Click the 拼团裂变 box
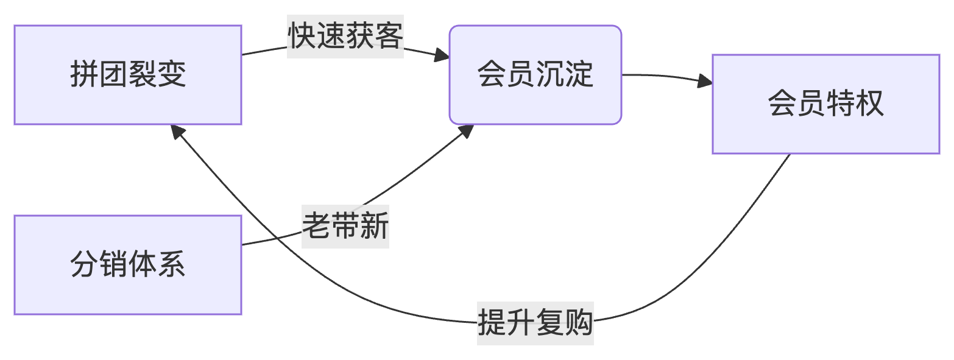click(128, 75)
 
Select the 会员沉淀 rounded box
click(535, 75)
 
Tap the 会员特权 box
click(825, 104)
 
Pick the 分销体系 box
click(128, 265)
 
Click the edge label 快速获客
click(345, 37)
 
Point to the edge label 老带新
click(345, 227)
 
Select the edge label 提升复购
click(535, 322)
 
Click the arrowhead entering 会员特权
click(705, 81)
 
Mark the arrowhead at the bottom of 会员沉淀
click(467, 130)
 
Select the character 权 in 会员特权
click(869, 104)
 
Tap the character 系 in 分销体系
click(172, 265)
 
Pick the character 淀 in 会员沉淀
click(579, 75)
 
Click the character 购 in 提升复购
click(579, 322)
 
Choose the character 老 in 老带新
click(317, 227)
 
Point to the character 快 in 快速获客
click(302, 37)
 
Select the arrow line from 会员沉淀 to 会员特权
click(664, 76)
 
